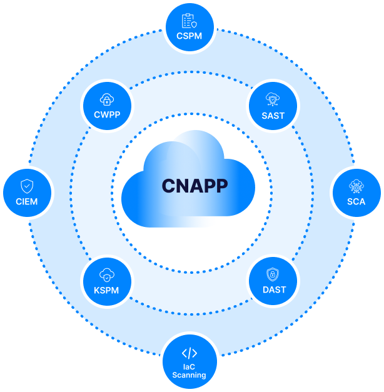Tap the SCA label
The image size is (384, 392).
[x=356, y=201]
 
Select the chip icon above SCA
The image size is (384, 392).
[x=356, y=186]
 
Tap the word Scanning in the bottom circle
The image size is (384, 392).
[x=189, y=375]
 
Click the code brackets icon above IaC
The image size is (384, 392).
[x=189, y=353]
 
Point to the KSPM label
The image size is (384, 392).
[x=106, y=289]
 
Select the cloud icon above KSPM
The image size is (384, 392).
[x=106, y=274]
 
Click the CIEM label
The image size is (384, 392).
[x=27, y=201]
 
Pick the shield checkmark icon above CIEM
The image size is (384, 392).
[x=27, y=186]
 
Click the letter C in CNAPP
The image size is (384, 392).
[x=168, y=186]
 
